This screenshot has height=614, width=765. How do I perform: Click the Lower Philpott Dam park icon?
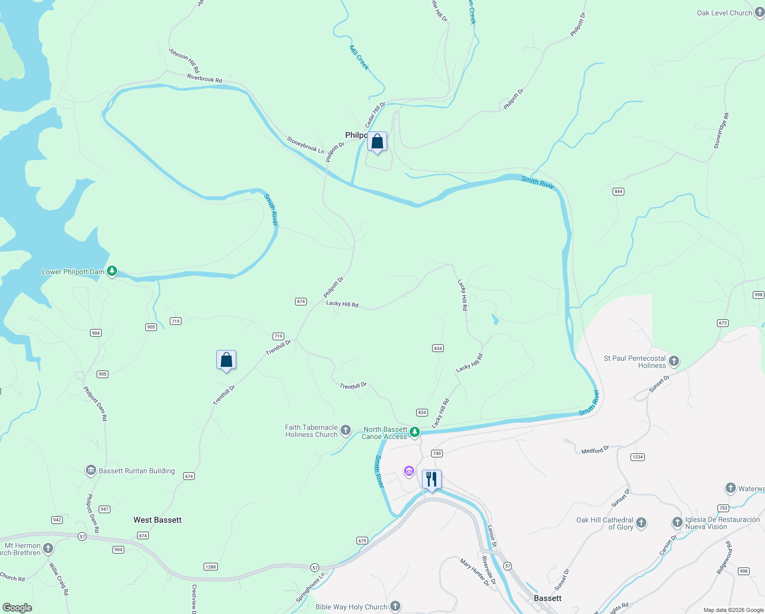pos(112,271)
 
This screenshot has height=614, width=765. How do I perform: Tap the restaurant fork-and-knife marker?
pos(432,479)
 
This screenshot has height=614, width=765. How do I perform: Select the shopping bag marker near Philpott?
pos(377,142)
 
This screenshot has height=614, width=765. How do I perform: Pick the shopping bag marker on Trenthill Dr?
pos(226,360)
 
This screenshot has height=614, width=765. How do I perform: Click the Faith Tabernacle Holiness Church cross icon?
pos(346,430)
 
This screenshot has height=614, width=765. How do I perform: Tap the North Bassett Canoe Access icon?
pos(415,432)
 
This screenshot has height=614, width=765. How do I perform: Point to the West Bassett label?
pos(157,520)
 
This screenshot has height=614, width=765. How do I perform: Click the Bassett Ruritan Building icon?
pos(91,471)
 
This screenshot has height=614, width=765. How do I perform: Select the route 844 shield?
pos(618,191)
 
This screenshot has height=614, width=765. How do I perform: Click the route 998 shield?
pos(758,295)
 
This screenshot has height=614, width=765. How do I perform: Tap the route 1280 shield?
pos(211,566)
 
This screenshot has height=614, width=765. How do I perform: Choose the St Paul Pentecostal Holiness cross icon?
pos(674,361)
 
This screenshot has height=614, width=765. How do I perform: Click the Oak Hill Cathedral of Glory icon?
pos(641,523)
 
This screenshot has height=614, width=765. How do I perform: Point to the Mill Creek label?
pos(359,57)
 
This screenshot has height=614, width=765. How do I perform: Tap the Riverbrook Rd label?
pos(205,78)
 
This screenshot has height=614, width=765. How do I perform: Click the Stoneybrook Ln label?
pos(305,145)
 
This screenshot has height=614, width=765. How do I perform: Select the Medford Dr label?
pos(595,450)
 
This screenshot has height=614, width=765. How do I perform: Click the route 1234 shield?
pos(637,457)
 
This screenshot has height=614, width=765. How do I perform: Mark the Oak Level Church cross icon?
pos(759,13)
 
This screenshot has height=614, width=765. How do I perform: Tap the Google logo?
pos(17,608)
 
